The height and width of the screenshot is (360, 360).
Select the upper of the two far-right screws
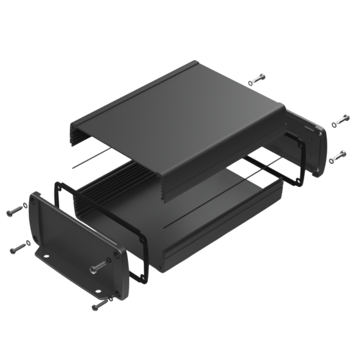(x=338, y=121)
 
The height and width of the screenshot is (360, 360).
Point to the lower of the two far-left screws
(x=20, y=246)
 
